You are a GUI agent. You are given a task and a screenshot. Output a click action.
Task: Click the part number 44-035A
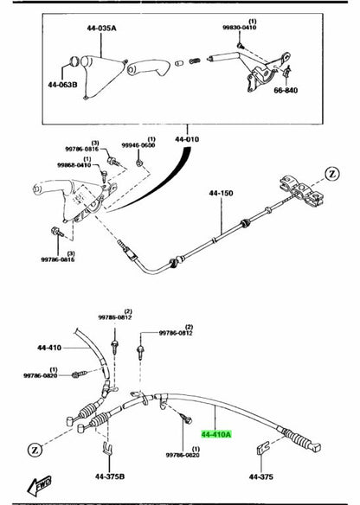tap(101, 29)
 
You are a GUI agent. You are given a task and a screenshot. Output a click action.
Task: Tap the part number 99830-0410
tap(228, 27)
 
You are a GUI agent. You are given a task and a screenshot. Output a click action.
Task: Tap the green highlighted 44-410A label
tap(218, 435)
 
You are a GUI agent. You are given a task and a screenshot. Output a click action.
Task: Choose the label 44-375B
tap(111, 476)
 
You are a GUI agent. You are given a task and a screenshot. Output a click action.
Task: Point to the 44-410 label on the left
tap(49, 348)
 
